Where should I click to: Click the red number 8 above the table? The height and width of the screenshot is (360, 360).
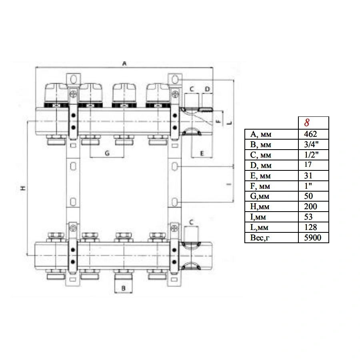(x=307, y=123)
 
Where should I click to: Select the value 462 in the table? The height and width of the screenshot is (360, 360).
(x=310, y=134)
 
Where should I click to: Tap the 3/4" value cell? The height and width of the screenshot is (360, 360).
(x=311, y=144)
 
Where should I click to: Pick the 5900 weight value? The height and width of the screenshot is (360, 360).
(x=312, y=238)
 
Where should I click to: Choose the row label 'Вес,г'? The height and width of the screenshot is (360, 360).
(x=260, y=238)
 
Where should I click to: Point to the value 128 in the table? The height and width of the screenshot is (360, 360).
(x=310, y=227)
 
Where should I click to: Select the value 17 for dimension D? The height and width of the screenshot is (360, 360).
(x=308, y=165)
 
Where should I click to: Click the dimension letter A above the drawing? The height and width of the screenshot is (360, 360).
(x=124, y=63)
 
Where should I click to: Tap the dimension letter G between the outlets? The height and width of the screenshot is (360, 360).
(x=107, y=153)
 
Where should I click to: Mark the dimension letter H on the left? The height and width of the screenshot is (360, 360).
(x=23, y=188)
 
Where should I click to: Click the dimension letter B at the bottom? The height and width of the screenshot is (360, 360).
(x=123, y=288)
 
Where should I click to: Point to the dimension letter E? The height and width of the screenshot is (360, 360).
(x=202, y=153)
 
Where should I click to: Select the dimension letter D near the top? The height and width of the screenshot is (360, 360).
(x=207, y=89)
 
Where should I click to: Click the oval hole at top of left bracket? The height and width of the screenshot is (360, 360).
(x=73, y=80)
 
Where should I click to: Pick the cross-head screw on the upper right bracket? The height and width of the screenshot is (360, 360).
(x=175, y=94)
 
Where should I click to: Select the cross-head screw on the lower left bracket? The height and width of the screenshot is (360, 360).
(x=73, y=228)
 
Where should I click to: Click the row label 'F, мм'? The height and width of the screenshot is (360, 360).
(x=260, y=186)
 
